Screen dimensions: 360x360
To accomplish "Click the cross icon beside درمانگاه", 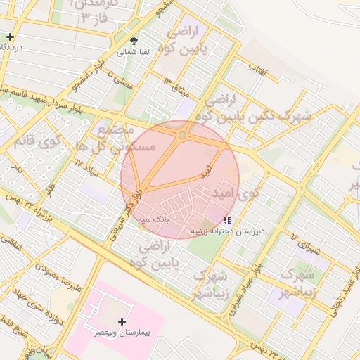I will (10, 37).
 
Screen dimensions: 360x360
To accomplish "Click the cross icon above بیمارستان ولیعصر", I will (122, 321).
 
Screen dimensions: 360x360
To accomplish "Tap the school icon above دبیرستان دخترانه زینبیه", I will (226, 220).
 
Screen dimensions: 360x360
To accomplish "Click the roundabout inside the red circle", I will (182, 134).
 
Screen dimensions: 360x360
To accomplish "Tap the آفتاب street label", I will (255, 67).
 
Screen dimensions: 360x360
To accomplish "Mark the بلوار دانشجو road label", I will (83, 77).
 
